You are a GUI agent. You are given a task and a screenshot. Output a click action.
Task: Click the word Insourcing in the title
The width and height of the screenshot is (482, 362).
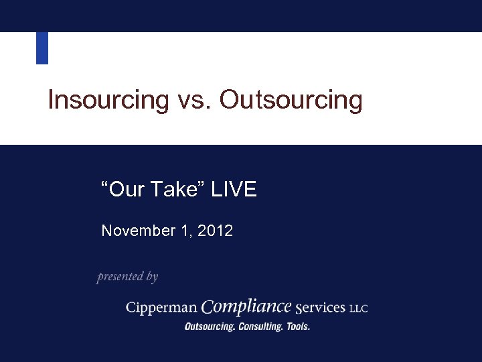coord(108,101)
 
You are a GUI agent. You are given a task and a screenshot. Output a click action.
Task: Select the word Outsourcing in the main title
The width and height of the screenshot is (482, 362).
coord(291,101)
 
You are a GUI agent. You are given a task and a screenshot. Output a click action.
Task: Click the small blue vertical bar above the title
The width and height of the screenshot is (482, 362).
coord(42,48)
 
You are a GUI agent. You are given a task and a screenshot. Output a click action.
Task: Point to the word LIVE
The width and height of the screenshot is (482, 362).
coord(234,190)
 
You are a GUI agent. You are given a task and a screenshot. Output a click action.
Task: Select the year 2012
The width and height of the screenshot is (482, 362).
coord(216,231)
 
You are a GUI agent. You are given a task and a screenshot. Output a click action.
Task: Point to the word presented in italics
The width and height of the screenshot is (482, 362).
coord(120,276)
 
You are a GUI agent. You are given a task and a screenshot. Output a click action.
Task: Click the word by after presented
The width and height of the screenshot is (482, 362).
coord(152,277)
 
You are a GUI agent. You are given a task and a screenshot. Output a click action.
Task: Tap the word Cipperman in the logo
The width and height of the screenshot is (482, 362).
coord(161,308)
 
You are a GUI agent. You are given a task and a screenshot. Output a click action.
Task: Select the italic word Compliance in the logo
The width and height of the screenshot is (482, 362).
coord(246,307)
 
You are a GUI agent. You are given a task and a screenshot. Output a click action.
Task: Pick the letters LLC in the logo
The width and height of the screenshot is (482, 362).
coord(359,309)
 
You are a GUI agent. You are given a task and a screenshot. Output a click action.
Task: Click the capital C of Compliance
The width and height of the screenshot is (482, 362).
coord(208,307)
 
